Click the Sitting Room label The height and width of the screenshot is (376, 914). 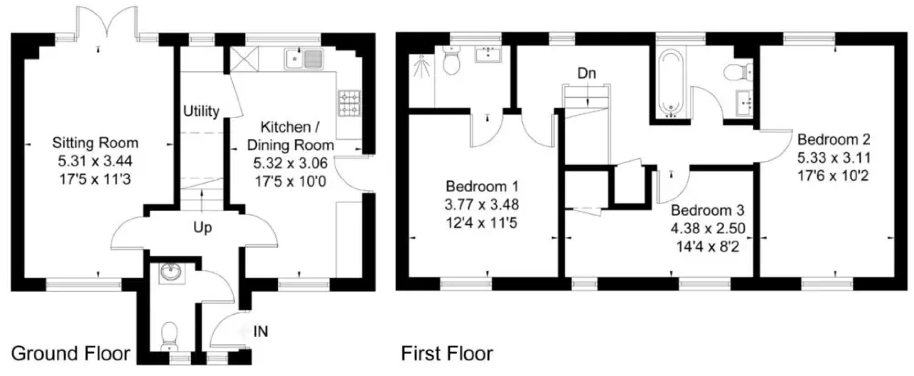tap(95, 143)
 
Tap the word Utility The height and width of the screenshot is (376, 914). tap(201, 111)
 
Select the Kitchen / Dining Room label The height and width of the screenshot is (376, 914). tap(290, 136)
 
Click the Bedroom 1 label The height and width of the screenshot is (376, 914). tap(482, 186)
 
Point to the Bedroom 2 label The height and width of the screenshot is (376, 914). tap(834, 140)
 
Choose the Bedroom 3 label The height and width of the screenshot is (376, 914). tap(707, 210)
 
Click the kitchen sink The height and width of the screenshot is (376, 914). tap(304, 58)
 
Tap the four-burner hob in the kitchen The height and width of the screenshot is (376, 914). tap(350, 103)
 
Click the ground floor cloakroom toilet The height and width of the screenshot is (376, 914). tap(169, 336)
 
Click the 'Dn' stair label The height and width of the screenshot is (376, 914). tap(587, 73)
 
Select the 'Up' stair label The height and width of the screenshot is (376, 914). tap(203, 228)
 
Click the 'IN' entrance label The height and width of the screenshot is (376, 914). tap(260, 331)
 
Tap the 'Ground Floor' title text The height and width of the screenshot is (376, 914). tap(71, 354)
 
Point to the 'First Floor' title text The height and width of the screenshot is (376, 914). tap(447, 354)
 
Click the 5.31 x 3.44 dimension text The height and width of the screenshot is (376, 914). tap(95, 161)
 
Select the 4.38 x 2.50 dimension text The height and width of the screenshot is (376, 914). tap(708, 228)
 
